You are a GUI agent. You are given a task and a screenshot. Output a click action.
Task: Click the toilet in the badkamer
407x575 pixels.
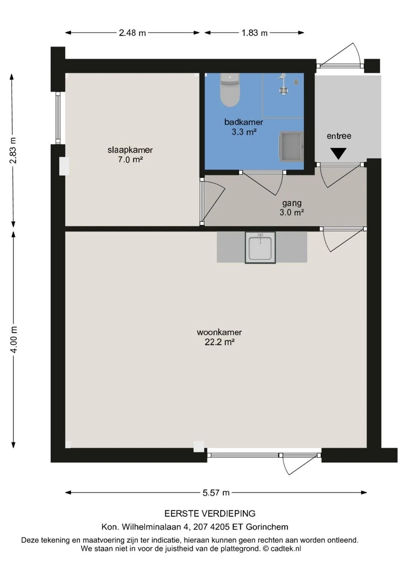click(x=230, y=90)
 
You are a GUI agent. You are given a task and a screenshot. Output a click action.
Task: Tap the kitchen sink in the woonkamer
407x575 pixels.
click(x=260, y=247)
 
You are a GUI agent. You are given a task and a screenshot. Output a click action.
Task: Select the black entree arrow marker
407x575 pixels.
click(x=338, y=153)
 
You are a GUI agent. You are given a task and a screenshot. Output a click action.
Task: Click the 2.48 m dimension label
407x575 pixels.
click(x=132, y=33)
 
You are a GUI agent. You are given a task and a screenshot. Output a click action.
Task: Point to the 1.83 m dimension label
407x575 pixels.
click(x=254, y=33)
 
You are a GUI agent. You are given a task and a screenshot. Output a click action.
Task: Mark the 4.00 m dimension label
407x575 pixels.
click(x=14, y=339)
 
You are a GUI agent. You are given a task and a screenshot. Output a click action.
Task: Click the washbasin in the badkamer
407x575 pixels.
click(x=291, y=146)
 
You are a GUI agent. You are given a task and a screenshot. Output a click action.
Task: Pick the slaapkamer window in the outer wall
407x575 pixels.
click(x=58, y=118)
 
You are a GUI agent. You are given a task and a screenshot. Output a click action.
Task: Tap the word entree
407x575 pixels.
click(x=339, y=136)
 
